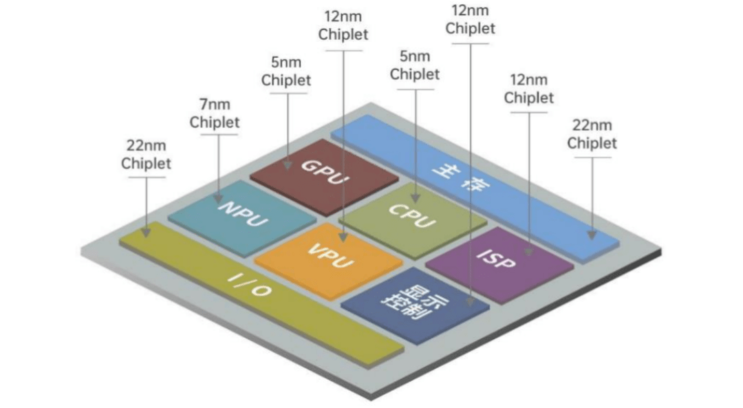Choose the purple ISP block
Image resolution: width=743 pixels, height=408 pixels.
[x=499, y=265]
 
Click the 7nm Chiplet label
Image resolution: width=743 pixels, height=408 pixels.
[x=215, y=114]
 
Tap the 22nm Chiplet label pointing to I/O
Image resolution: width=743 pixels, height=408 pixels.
[x=146, y=156]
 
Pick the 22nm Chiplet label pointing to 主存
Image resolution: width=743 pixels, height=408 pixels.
[x=592, y=134]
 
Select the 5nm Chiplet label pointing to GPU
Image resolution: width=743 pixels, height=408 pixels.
[x=286, y=72]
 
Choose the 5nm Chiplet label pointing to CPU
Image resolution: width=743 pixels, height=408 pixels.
[x=415, y=65]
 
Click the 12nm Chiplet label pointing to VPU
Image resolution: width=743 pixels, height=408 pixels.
[x=343, y=25]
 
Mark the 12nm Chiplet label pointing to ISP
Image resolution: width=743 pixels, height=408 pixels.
[x=528, y=89]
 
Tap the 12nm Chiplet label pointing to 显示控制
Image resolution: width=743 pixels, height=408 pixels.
[x=470, y=20]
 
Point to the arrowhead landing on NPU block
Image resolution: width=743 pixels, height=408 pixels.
[x=218, y=197]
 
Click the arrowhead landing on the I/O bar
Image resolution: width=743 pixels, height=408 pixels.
[x=146, y=233]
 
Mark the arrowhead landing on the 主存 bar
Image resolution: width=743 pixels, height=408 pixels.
[x=592, y=235]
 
